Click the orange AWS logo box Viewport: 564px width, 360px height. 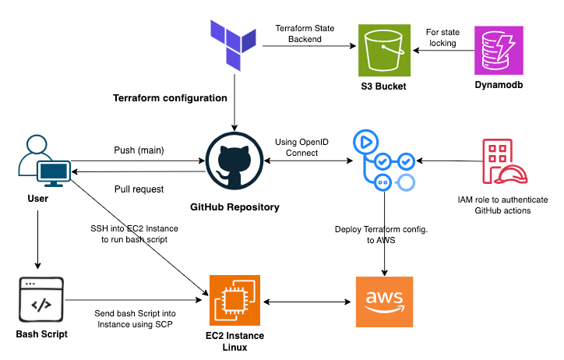pyautogui.click(x=384, y=301)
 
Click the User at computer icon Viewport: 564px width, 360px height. pyautogui.click(x=42, y=162)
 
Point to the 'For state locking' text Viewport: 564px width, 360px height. pyautogui.click(x=442, y=38)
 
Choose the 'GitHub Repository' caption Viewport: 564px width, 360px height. pyautogui.click(x=234, y=207)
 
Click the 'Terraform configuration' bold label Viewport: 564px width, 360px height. pyautogui.click(x=170, y=99)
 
